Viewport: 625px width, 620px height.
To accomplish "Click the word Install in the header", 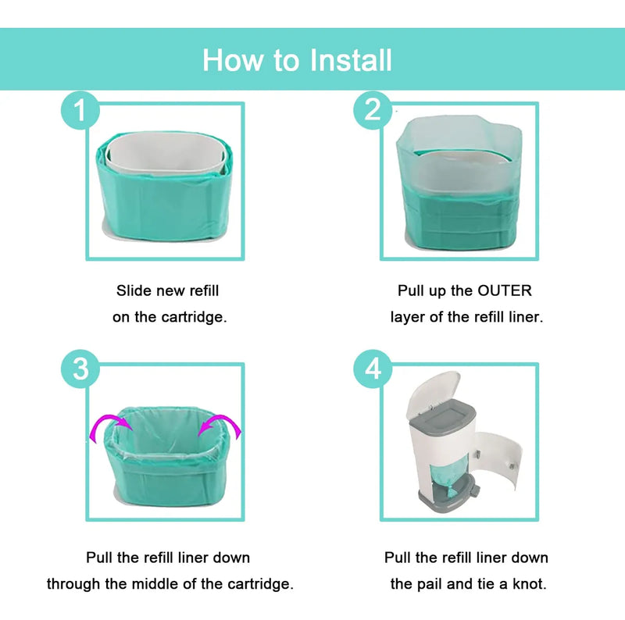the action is click(x=351, y=60).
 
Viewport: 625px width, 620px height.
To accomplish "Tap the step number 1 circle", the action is click(x=80, y=110).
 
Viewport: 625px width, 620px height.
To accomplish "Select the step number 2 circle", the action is click(x=373, y=110).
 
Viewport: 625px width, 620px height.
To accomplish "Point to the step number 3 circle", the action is click(x=80, y=369).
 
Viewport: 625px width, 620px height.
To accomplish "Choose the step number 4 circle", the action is click(x=373, y=369).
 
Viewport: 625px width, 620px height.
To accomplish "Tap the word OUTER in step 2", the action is click(x=504, y=290).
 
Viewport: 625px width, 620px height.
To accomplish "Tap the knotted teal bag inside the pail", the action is click(x=452, y=477).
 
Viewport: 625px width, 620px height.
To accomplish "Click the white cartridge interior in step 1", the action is click(x=165, y=152).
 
